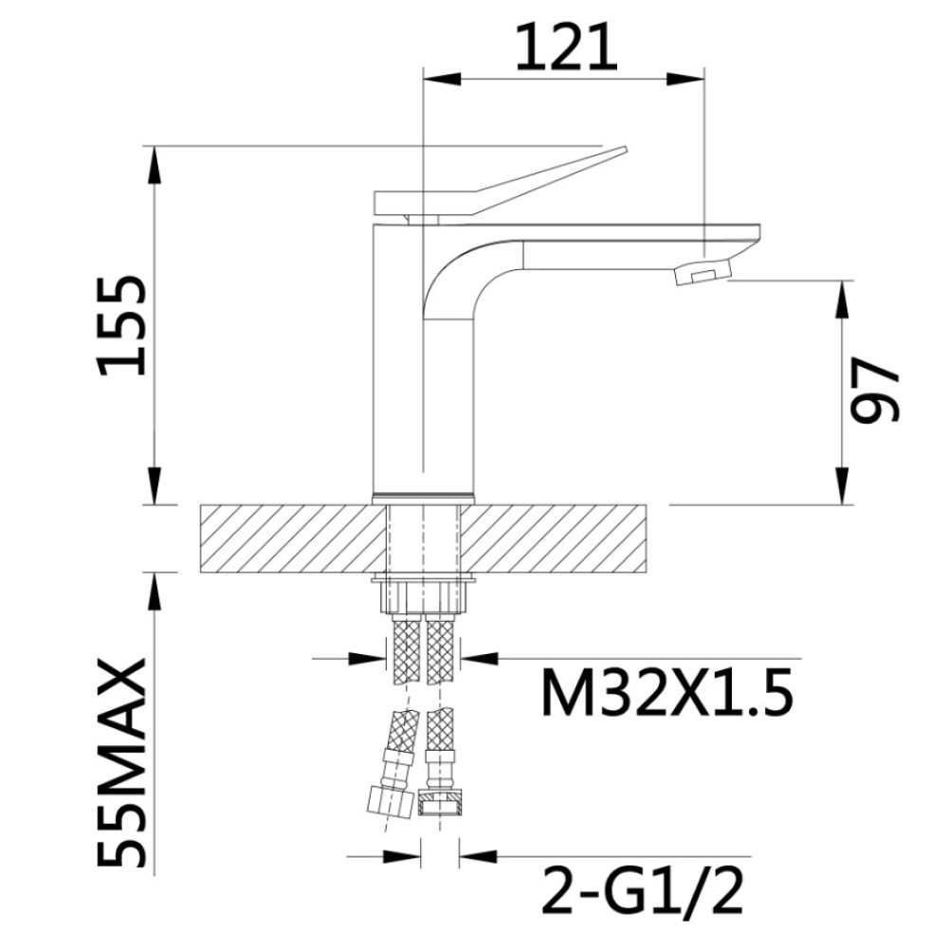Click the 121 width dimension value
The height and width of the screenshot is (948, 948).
[x=567, y=48]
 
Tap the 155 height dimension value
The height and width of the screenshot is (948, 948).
[x=121, y=326]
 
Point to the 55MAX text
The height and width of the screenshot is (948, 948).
[x=121, y=762]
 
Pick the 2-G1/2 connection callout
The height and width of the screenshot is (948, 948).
[x=642, y=890]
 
